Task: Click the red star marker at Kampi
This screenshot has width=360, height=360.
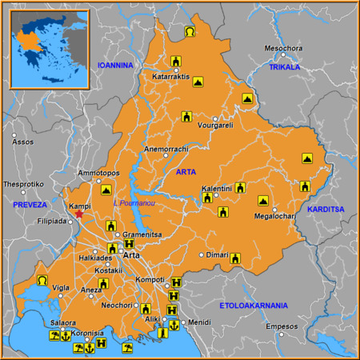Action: pyautogui.click(x=78, y=214)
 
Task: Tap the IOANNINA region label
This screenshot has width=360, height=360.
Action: pyautogui.click(x=114, y=65)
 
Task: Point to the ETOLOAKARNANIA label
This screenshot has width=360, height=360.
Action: pyautogui.click(x=257, y=306)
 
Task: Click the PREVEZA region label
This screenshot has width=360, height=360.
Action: pyautogui.click(x=30, y=206)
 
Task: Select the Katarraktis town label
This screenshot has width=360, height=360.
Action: pyautogui.click(x=170, y=78)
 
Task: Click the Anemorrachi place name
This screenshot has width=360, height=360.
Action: pyautogui.click(x=166, y=150)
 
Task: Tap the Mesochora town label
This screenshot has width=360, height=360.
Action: pyautogui.click(x=285, y=48)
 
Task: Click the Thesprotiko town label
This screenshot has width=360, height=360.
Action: pyautogui.click(x=23, y=183)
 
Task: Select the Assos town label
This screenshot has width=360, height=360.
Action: pyautogui.click(x=23, y=142)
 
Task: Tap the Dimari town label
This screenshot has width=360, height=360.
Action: pyautogui.click(x=217, y=255)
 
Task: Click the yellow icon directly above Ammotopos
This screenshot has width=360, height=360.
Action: pyautogui.click(x=106, y=190)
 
